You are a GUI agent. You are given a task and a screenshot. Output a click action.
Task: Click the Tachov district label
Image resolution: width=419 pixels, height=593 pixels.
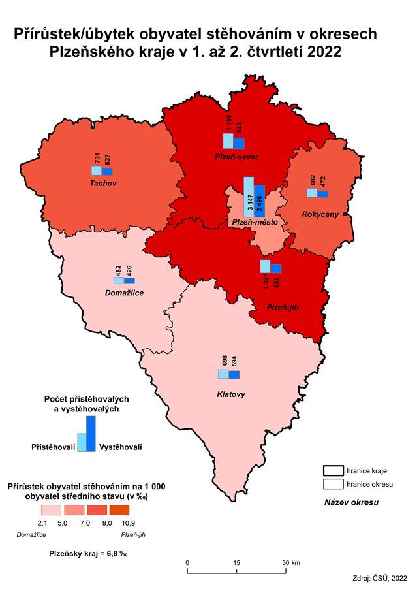point(102,183)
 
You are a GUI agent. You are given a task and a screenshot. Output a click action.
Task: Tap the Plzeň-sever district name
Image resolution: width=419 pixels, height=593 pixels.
point(237,157)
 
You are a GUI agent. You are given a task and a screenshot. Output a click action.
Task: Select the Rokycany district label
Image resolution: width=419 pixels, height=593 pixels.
point(320,214)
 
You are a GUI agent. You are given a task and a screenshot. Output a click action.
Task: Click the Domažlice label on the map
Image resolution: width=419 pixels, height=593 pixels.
point(124,293)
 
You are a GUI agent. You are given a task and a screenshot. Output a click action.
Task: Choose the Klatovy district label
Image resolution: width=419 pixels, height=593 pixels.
point(230,394)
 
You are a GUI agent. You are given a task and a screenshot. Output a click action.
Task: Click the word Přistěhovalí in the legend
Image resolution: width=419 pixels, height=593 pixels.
point(54,447)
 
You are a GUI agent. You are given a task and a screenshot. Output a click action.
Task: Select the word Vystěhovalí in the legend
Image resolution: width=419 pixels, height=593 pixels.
point(121,447)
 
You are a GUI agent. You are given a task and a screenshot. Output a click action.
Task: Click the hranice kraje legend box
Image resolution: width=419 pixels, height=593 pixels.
point(333,471)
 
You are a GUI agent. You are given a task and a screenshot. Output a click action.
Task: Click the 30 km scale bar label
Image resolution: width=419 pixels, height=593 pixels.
point(290,562)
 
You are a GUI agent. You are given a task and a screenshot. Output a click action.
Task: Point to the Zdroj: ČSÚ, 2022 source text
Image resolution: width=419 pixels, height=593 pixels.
point(379,578)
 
